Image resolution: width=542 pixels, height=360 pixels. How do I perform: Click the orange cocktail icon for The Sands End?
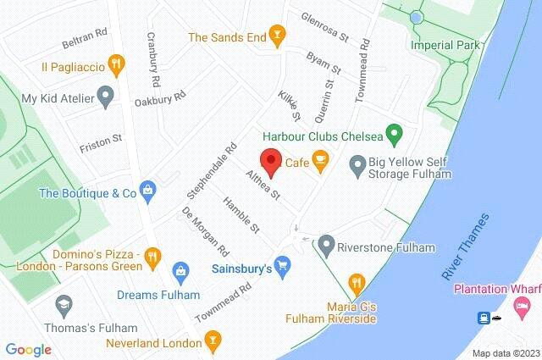tap(276, 36)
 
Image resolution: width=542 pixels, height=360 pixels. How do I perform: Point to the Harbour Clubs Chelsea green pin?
tap(393, 133)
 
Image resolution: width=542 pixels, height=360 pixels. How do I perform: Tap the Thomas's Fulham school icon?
tap(63, 304)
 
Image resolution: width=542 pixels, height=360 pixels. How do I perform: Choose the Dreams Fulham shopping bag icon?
tap(180, 272)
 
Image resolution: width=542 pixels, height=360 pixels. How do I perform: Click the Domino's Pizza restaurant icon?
tap(152, 254)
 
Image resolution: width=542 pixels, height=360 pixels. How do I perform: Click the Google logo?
tap(28, 349)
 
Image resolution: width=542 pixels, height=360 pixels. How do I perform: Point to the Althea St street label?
tap(263, 185)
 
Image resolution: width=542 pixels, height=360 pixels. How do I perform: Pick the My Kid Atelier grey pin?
tap(107, 97)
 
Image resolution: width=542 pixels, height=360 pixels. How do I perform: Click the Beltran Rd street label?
tap(85, 38)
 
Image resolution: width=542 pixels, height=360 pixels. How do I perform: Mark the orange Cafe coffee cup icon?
tap(319, 160)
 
